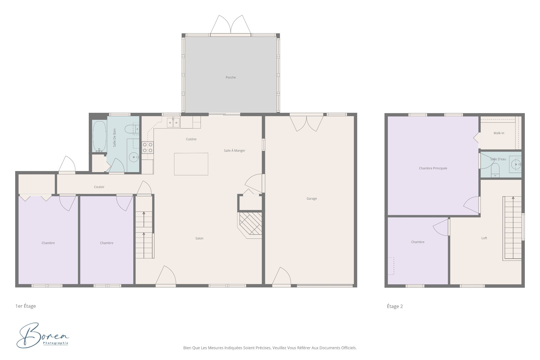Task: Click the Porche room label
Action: tap(231, 77)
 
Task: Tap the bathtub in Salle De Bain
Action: tap(99, 136)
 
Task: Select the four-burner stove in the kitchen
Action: tap(148, 147)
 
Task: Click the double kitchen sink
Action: tap(173, 123)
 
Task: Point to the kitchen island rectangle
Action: tap(191, 164)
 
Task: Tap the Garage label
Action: tap(312, 199)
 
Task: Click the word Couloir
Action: tap(99, 187)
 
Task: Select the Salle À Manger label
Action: tap(235, 151)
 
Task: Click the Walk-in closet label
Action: tap(499, 133)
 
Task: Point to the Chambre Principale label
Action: tap(433, 168)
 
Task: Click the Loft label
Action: tap(484, 238)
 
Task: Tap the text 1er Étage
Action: tap(26, 306)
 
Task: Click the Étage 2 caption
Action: tap(395, 306)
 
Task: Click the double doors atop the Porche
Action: tap(231, 25)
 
